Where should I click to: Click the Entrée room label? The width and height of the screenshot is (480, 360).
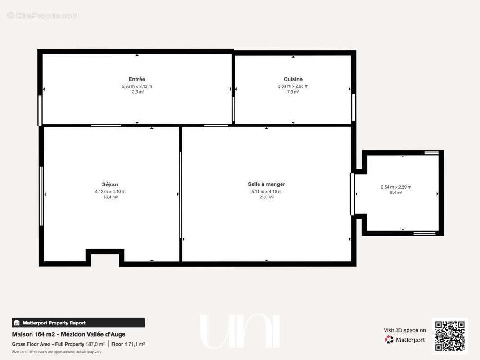coord(137,79)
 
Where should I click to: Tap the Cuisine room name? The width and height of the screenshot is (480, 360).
coord(293,79)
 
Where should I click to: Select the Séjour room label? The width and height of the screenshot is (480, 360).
coord(110,184)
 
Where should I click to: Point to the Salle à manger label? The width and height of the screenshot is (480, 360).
coord(266,184)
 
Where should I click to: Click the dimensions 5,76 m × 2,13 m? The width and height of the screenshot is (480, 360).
coord(137,86)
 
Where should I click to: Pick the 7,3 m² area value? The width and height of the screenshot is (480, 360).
coord(293,92)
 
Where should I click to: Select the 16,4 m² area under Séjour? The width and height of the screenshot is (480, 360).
coord(110,197)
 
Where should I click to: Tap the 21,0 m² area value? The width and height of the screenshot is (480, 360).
coord(266,197)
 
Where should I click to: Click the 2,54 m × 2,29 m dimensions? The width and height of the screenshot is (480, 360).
coord(396,187)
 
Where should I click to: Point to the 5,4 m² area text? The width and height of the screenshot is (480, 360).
coord(396,193)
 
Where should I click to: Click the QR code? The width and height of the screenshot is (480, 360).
coord(450,336)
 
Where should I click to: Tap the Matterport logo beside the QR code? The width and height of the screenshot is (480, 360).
coord(405,339)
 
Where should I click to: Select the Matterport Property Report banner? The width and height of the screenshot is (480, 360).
coord(78,323)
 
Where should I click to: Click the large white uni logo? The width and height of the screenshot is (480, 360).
coord(240,332)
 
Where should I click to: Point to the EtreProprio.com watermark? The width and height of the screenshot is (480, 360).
coord(43,15)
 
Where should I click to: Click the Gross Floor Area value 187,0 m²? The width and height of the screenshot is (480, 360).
coord(95,344)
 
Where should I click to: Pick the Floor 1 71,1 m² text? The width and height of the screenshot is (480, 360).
coord(128,344)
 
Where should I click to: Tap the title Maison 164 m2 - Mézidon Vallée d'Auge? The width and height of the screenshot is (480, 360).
coord(68,334)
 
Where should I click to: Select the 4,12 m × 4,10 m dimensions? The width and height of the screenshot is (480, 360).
coord(110,191)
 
